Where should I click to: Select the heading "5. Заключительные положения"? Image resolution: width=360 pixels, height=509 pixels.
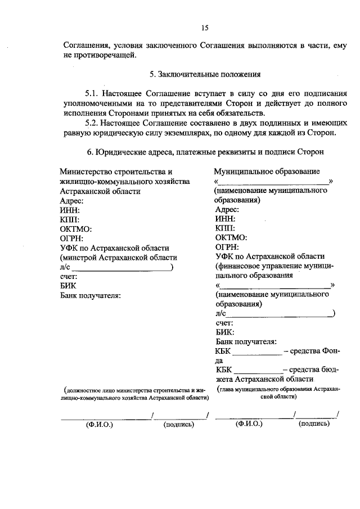point(204,74)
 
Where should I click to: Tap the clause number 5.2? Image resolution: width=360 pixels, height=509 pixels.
point(93,123)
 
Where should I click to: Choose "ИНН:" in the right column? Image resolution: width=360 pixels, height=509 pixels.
point(225,219)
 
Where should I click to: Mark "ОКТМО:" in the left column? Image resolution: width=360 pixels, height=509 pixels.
point(75,229)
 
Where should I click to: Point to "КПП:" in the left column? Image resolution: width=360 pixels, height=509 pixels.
point(70,219)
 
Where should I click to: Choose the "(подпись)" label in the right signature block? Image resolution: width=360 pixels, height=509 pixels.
point(314,424)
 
